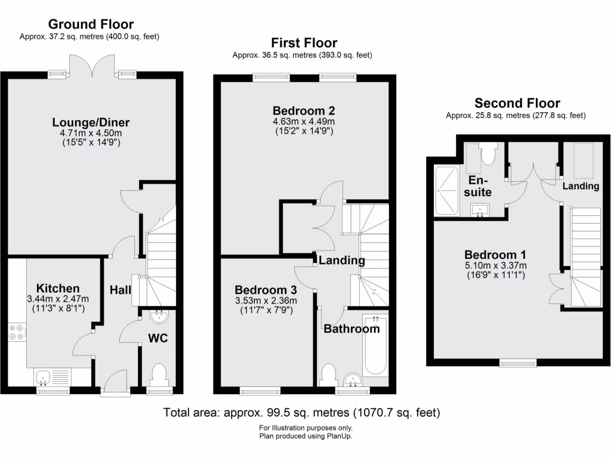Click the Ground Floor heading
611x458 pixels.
91,24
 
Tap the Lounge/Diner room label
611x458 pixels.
91,123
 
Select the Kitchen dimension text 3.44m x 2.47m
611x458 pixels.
58,299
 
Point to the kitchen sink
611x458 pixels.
42,376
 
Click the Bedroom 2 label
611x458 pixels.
304,110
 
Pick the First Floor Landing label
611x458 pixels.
341,261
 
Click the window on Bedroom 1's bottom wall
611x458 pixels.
516,363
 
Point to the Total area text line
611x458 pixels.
302,412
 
